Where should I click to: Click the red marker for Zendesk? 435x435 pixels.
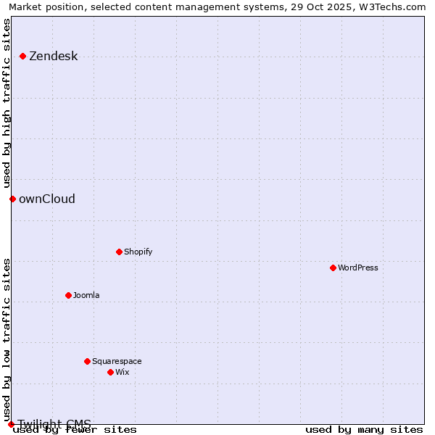pos(23,56)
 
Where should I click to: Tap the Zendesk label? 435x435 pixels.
pos(53,57)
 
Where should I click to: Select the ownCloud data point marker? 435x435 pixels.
pos(12,199)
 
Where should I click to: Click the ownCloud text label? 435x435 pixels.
pos(46,199)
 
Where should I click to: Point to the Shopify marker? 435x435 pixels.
pos(119,252)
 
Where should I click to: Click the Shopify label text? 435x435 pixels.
pos(138,252)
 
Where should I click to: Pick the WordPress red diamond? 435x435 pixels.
pos(333,268)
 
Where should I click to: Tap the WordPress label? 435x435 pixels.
pos(357,268)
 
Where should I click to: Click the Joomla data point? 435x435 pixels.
pos(68,295)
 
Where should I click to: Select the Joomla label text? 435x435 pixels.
pos(86,296)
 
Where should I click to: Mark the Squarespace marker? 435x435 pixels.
pos(87,361)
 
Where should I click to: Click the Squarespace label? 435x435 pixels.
pos(117,362)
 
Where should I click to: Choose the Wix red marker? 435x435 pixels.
pos(110,372)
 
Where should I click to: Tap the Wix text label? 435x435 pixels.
pos(122,373)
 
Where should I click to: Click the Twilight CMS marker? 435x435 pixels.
pos(11,424)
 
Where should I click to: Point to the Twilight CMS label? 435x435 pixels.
pos(54,424)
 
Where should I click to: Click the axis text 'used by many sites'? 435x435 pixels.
pos(364,430)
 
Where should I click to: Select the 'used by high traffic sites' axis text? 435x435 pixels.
pos(7,103)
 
